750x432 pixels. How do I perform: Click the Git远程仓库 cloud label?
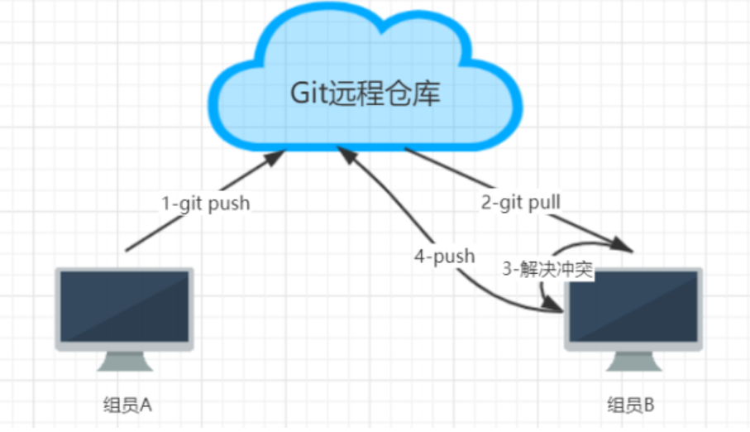point(365,93)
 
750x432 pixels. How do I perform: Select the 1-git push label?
point(205,203)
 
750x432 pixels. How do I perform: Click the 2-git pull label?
point(521,201)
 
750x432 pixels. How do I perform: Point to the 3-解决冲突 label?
point(548,271)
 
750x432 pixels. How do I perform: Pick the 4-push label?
point(445,256)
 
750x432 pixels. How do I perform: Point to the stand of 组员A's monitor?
point(125,362)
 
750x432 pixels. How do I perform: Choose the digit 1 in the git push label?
point(165,203)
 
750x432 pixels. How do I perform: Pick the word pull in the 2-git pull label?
point(547,201)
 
